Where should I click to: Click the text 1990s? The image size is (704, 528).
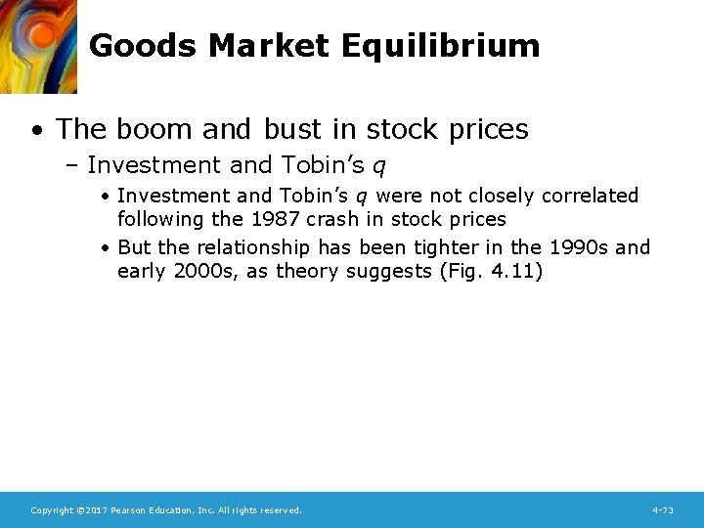[x=577, y=247]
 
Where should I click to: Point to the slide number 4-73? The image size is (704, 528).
[x=662, y=510]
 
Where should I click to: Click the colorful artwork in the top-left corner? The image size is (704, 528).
[x=37, y=45]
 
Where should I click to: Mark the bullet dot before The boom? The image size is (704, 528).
[x=36, y=130]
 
